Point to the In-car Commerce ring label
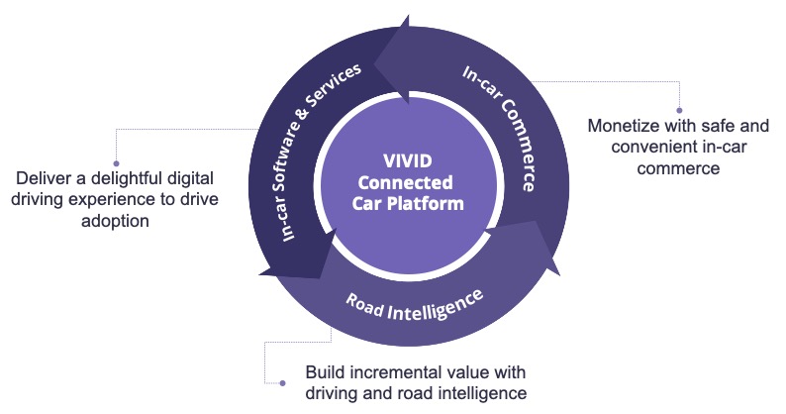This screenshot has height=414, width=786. [499, 128]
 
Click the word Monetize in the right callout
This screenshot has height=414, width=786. [624, 127]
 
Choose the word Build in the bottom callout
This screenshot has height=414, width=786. [324, 372]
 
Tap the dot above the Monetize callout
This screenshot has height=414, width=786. [679, 110]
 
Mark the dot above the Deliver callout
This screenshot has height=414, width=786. [116, 162]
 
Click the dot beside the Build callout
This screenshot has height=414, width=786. [284, 382]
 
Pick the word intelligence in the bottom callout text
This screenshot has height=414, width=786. [481, 393]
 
